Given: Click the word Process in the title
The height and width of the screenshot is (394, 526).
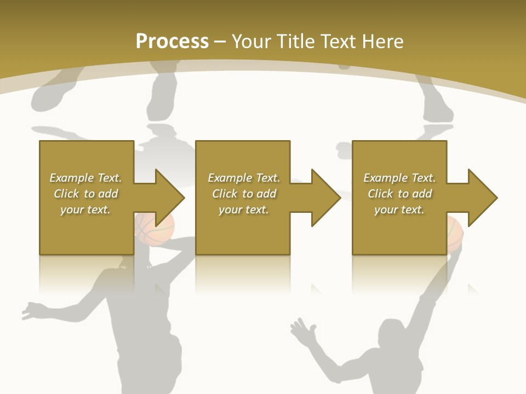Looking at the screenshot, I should click(x=172, y=42).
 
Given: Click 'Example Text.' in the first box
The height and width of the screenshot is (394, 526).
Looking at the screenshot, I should click(x=85, y=178).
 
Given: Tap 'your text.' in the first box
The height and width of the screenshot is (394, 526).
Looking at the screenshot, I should click(x=85, y=210).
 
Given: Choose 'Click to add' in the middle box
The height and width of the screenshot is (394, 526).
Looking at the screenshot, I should click(x=244, y=194).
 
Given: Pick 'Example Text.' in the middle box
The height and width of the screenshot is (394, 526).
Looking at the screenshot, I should click(x=244, y=178).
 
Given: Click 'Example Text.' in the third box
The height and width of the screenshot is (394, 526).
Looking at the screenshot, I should click(x=399, y=178).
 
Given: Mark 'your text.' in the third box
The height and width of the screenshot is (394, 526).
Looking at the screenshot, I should click(x=399, y=210).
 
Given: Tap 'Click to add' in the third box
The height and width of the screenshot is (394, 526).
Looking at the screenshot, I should click(x=399, y=194).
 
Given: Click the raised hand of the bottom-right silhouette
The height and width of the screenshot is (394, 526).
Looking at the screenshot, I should click(x=303, y=332).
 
